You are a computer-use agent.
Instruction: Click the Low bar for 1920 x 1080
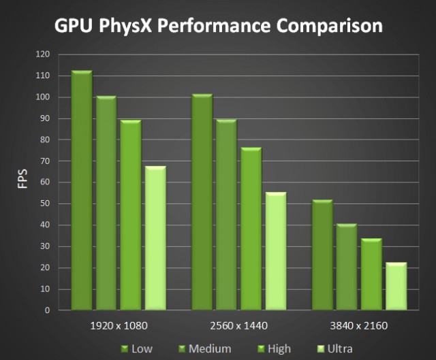tap(82, 191)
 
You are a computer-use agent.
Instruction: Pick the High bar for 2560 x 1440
tap(251, 229)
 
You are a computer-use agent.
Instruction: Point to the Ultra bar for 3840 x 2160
tap(396, 286)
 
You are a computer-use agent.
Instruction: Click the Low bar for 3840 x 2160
tap(323, 255)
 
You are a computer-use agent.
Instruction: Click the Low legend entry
tap(136, 348)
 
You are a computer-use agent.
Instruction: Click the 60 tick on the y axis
tap(44, 182)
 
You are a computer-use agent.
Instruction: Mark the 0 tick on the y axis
tap(47, 310)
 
